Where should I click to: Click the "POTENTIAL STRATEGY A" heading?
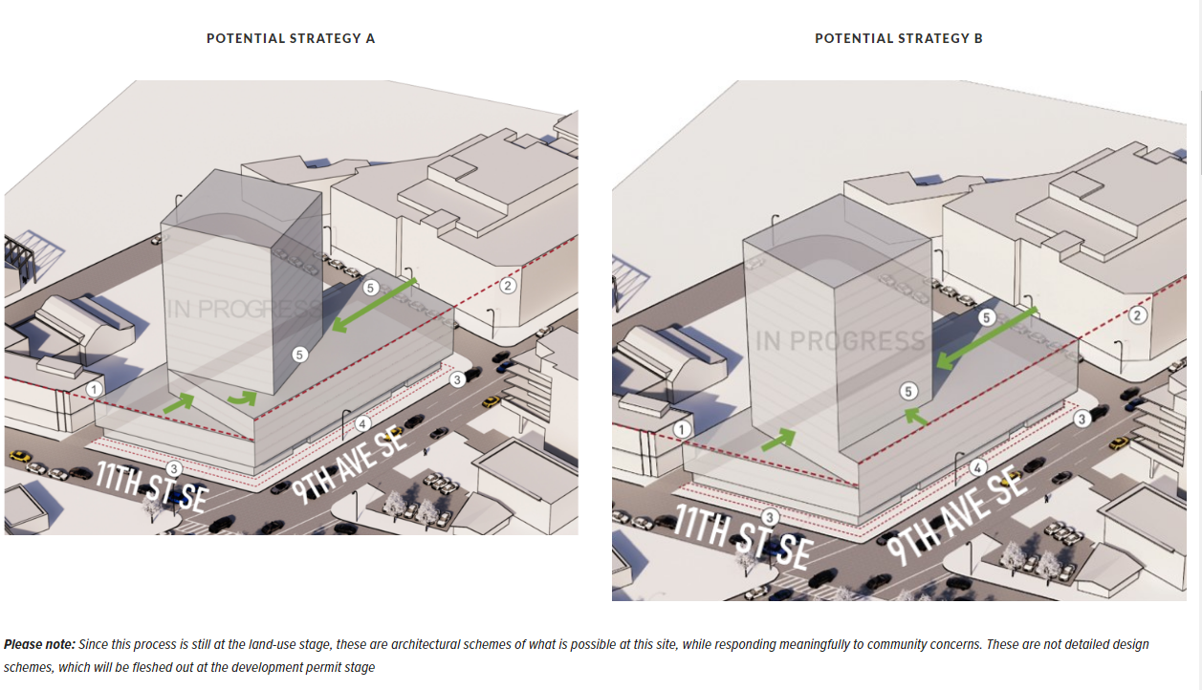pos(291,38)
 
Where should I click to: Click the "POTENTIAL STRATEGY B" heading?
pos(899,38)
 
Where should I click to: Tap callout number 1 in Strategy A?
pos(95,389)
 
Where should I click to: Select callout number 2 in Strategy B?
pos(1137,315)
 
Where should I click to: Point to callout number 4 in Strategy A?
pos(362,424)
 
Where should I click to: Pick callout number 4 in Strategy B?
pos(977,468)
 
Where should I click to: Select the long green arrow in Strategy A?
pos(374,305)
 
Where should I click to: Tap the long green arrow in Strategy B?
pos(987,338)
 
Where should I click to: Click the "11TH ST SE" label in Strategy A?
pos(152,488)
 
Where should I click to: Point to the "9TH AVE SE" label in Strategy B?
pos(956,516)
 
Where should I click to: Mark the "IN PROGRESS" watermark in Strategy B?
pos(841,341)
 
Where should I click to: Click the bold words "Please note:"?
pos(39,644)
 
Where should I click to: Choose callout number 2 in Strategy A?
pos(508,285)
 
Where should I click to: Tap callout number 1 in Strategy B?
pos(682,429)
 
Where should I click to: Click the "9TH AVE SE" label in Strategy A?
pos(349,465)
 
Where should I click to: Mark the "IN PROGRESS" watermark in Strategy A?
pos(243,310)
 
